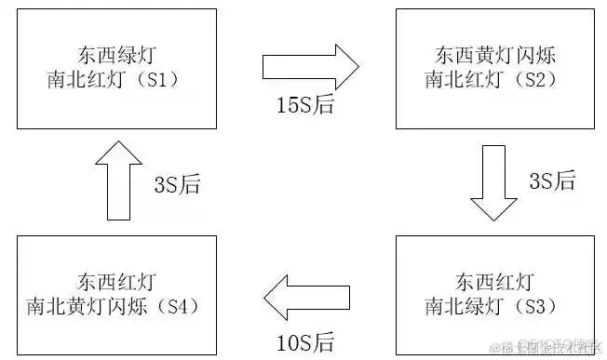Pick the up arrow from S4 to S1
(x=119, y=180)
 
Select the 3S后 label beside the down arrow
(x=553, y=181)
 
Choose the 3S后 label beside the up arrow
(x=177, y=183)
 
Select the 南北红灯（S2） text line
(x=494, y=78)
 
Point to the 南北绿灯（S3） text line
(x=494, y=304)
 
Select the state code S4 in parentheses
(x=183, y=304)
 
